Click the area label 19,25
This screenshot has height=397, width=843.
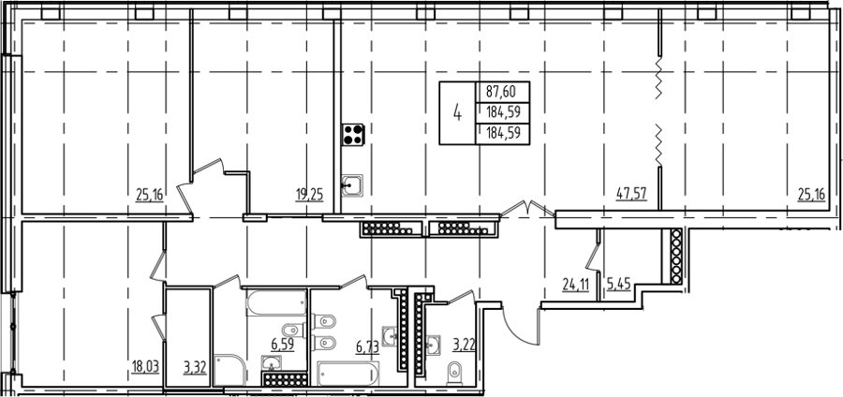point(309,194)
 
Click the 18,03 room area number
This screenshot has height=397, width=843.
point(146,367)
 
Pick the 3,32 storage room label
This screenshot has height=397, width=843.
point(195,367)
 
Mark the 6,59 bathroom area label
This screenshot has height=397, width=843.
point(283,345)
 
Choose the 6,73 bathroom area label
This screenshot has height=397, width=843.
point(368,347)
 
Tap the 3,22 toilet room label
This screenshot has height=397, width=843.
point(463,345)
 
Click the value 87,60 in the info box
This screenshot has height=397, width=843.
point(500,92)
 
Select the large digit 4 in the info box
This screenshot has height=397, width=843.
point(457,113)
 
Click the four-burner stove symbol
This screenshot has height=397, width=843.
point(353,134)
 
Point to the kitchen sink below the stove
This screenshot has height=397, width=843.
point(351,186)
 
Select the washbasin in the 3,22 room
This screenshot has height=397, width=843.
point(433,345)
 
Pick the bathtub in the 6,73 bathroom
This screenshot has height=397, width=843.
point(348,374)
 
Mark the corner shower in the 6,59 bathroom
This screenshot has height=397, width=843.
point(229,370)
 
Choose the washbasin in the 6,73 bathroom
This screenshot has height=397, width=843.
point(391,335)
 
